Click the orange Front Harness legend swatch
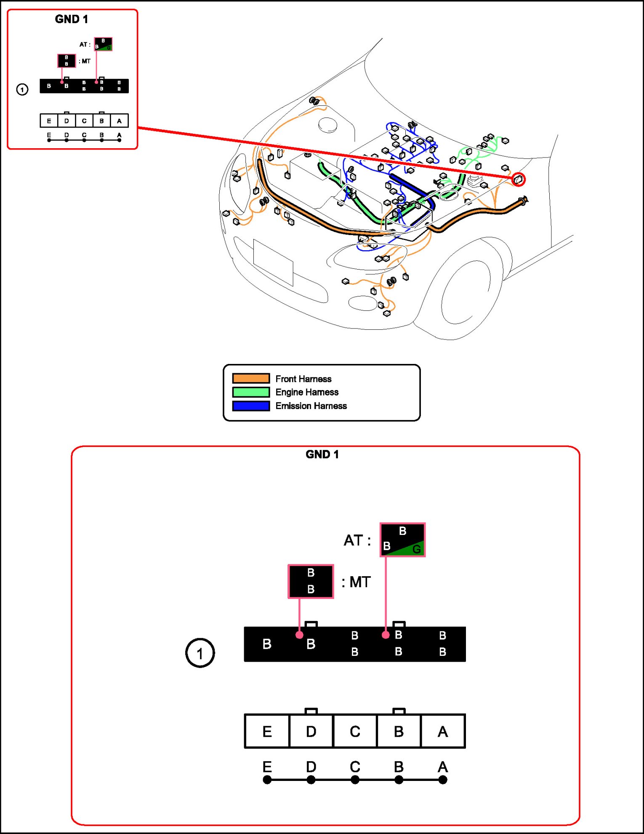click(251, 378)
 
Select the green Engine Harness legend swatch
click(251, 392)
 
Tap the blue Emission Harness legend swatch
click(251, 406)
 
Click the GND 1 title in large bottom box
click(322, 454)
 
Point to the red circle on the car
click(519, 180)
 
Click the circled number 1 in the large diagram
click(200, 653)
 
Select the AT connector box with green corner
click(402, 540)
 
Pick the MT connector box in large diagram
click(311, 581)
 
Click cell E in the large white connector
click(267, 732)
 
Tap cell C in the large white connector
click(355, 732)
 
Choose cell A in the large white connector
click(443, 732)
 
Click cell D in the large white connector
click(311, 732)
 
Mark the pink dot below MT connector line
click(299, 635)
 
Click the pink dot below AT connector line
click(386, 635)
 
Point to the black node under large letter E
click(267, 780)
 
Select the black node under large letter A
click(443, 780)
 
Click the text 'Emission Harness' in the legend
click(311, 406)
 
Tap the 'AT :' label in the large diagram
click(357, 540)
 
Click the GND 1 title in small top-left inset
click(72, 19)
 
